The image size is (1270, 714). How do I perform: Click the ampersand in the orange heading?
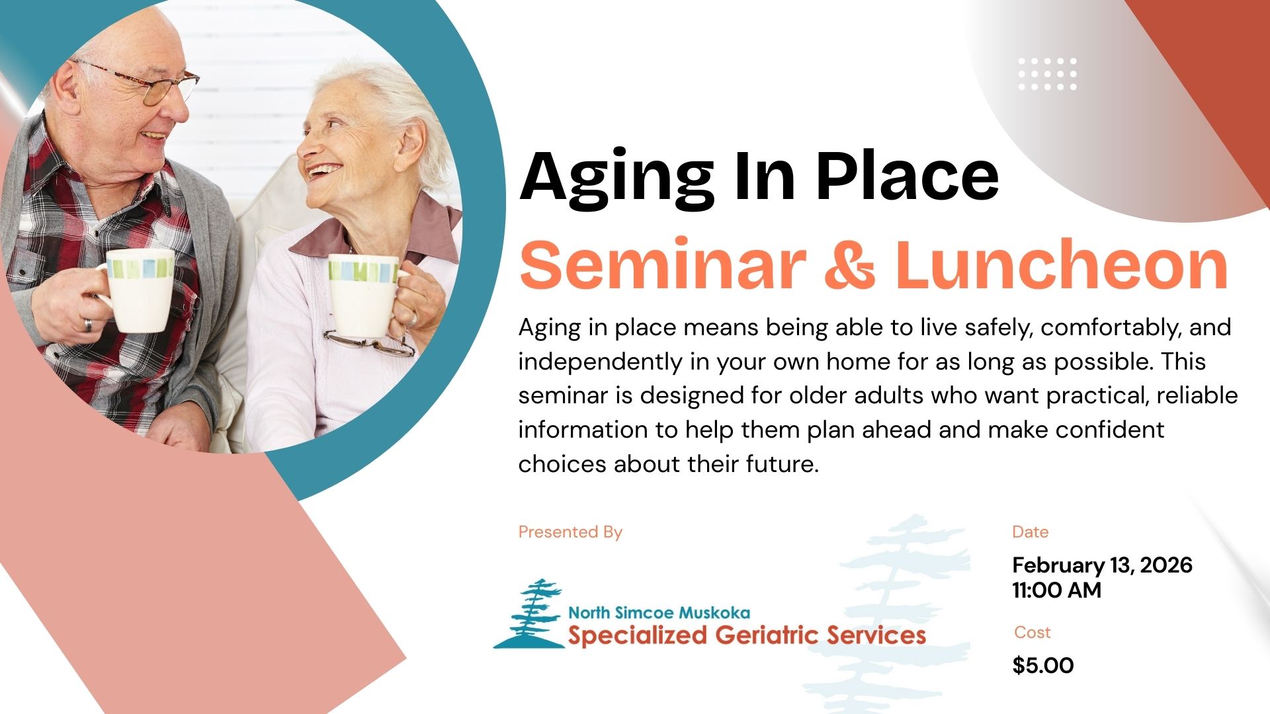pos(849,264)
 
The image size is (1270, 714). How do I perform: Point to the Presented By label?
pos(570,532)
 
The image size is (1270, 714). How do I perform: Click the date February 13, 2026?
pos(1102,565)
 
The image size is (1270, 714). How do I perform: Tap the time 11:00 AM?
pos(1056,590)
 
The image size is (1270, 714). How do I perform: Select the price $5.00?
pos(1043,665)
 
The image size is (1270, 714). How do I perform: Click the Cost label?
pos(1032,633)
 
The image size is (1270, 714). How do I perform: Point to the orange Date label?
pos(1030,532)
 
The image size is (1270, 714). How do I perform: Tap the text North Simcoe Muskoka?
pos(659,613)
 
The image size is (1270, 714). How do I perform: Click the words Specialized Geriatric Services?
pos(747,635)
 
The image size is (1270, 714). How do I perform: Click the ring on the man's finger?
pos(87,325)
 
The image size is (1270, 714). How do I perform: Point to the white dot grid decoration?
pos(1047,73)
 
